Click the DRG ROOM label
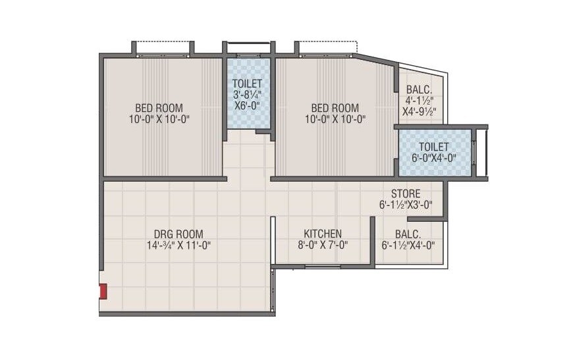[178, 234]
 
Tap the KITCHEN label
[322, 234]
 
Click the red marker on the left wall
[103, 292]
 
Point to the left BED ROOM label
[159, 108]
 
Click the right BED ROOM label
[335, 108]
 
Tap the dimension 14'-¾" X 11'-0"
[178, 245]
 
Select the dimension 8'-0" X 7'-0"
[322, 245]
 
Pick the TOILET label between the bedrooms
[247, 84]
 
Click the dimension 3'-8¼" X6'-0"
[247, 100]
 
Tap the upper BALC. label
[419, 90]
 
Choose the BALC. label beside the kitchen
[408, 234]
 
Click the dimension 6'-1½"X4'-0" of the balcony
[408, 245]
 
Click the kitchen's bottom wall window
[323, 267]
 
